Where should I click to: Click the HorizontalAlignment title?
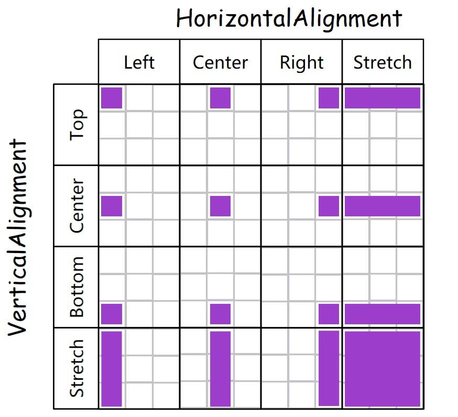coord(289,19)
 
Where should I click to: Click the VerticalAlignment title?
coord(18,237)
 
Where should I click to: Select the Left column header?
coord(139,62)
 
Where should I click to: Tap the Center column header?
coord(220,62)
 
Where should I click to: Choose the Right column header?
coord(301,63)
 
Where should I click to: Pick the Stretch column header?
coord(383,62)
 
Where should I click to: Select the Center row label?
coord(77,205)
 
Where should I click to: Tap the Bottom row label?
coord(77,287)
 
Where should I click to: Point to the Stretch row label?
coord(77,368)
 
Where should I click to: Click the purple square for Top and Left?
coord(112,98)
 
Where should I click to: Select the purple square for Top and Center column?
coord(220,98)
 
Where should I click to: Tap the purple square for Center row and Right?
coord(329,206)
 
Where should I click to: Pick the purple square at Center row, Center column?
coord(220,206)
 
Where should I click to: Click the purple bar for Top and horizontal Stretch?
coord(383,98)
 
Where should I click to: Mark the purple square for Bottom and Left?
coord(112,314)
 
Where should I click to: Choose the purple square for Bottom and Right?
coord(329,314)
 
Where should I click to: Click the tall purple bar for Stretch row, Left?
coord(112,369)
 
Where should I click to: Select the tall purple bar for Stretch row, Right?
coord(329,368)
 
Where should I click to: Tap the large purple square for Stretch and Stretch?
coord(383,369)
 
